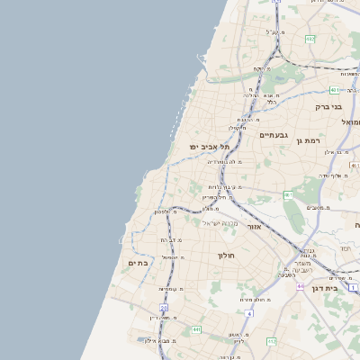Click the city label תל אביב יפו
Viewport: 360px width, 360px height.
click(210, 147)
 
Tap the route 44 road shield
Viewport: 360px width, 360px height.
click(300, 285)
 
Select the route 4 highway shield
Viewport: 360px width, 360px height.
click(248, 313)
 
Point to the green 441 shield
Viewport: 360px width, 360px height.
click(195, 330)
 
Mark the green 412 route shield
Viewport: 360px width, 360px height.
click(272, 342)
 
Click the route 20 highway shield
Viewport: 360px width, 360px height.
click(164, 308)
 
